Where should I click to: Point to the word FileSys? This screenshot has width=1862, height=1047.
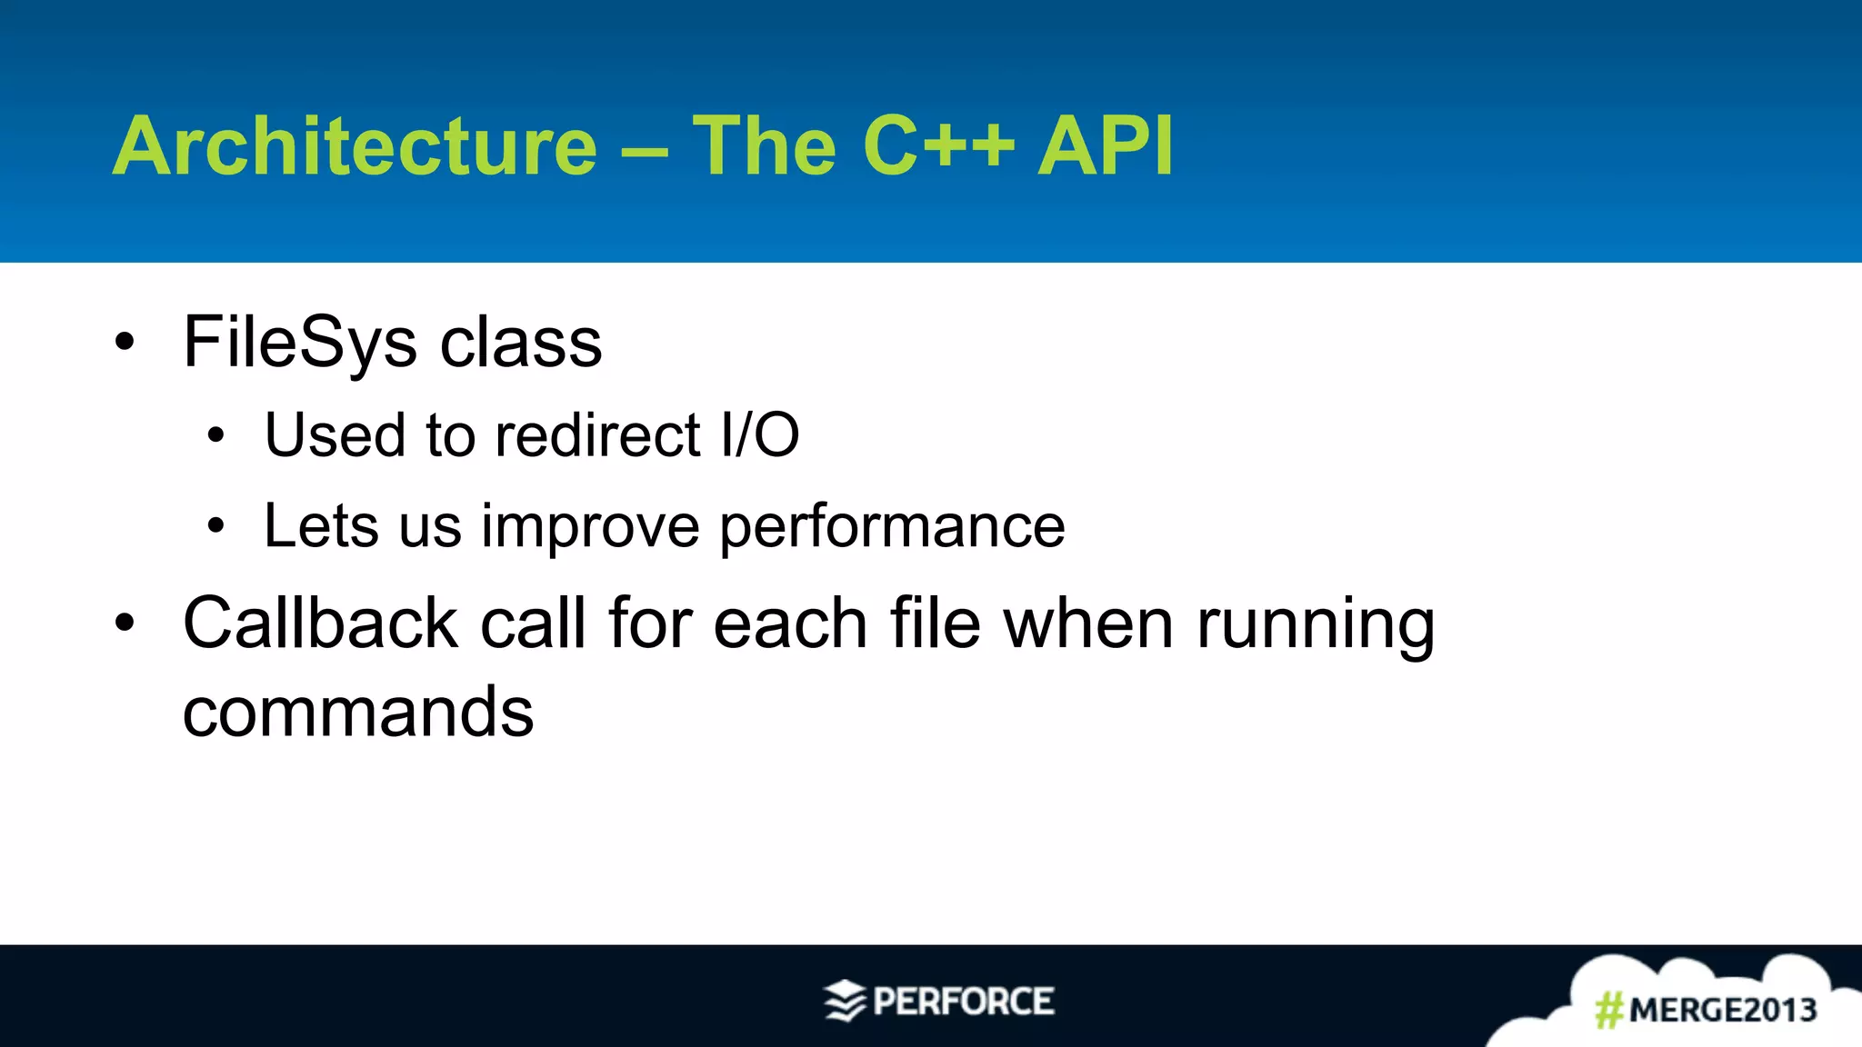299,343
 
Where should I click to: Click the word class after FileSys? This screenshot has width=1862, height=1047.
520,343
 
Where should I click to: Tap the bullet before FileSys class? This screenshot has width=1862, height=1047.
125,343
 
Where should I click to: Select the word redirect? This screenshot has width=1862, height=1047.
598,434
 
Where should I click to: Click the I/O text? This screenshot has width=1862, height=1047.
760,434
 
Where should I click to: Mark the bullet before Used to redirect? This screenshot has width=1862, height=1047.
215,435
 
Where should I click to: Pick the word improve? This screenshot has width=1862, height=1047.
590,527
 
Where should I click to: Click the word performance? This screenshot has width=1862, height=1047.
892,527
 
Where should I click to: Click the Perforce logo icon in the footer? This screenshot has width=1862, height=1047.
844,1001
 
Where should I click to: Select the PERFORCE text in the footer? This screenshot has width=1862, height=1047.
963,1002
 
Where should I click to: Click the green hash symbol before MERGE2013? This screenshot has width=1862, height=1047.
1609,1010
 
